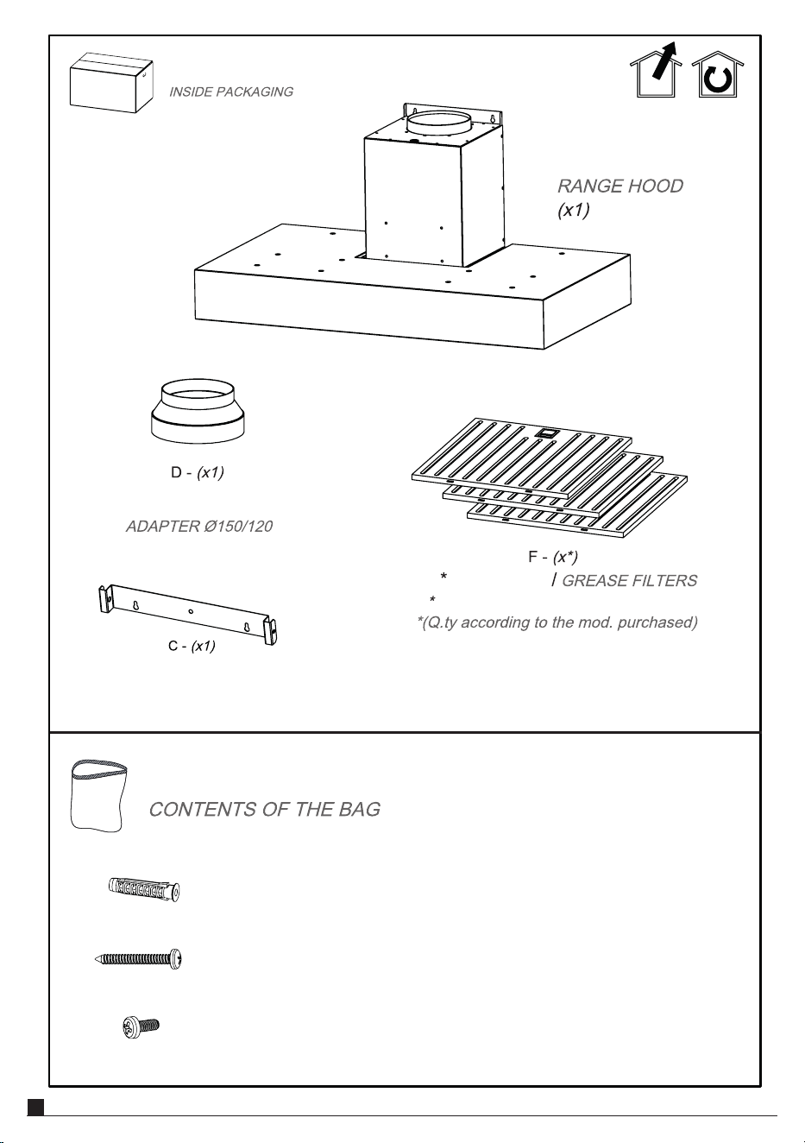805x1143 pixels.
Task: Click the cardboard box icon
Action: [x=111, y=82]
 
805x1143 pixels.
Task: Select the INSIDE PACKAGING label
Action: [x=231, y=92]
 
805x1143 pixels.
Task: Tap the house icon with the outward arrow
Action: [x=656, y=70]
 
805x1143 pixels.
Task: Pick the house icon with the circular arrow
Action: [x=718, y=74]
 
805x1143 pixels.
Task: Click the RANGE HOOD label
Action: [x=619, y=186]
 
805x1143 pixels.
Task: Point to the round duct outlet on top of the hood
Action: [x=437, y=123]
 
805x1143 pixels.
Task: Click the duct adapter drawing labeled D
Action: [x=198, y=411]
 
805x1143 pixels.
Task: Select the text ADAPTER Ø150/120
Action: [x=199, y=526]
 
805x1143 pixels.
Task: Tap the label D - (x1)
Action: [x=198, y=472]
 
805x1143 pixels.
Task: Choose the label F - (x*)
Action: [x=553, y=557]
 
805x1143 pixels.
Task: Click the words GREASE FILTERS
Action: [x=630, y=581]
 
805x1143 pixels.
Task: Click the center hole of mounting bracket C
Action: [x=191, y=611]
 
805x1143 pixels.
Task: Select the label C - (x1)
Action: [x=192, y=646]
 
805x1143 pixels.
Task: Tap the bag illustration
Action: [x=98, y=795]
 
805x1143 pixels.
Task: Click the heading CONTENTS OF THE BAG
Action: [x=265, y=809]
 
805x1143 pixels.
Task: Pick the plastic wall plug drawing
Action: [x=144, y=889]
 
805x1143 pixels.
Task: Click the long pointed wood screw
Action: [x=138, y=959]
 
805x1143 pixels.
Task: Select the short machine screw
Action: [x=142, y=1026]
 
